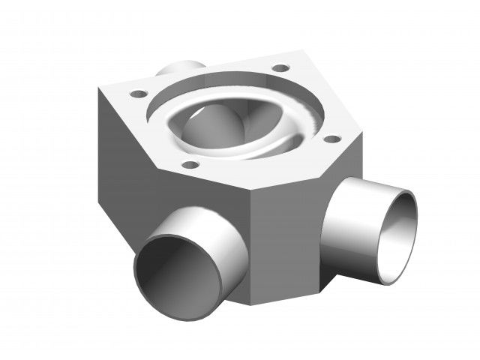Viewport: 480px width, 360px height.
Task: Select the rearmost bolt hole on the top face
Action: point(280,68)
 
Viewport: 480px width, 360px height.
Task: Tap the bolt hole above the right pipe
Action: point(327,138)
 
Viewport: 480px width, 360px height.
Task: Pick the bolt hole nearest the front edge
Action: point(190,163)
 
